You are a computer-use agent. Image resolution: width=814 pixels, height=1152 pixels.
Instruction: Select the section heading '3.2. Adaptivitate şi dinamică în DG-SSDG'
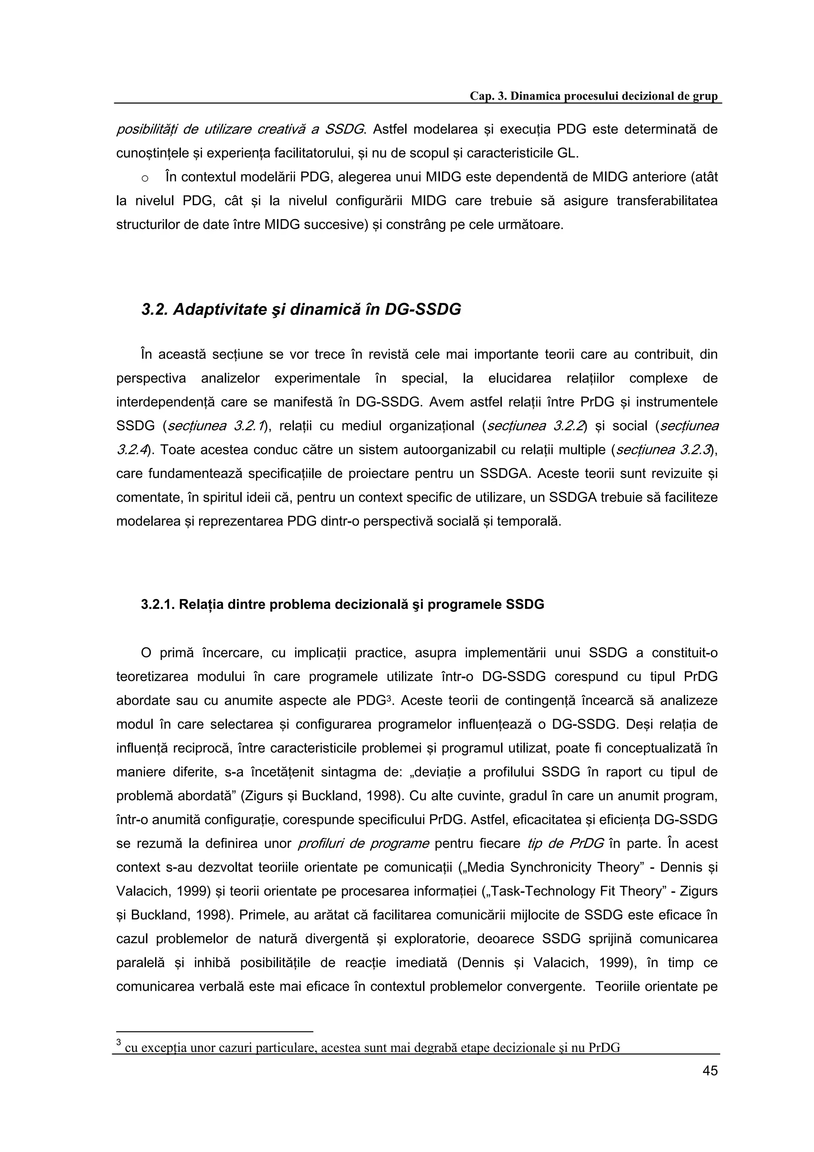[301, 310]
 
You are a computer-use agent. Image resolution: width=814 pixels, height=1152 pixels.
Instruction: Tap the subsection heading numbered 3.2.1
[343, 604]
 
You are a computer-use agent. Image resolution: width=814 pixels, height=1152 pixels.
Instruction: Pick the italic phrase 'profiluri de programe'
[364, 844]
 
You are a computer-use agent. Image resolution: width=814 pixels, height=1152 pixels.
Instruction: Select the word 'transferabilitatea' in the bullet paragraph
[667, 201]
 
